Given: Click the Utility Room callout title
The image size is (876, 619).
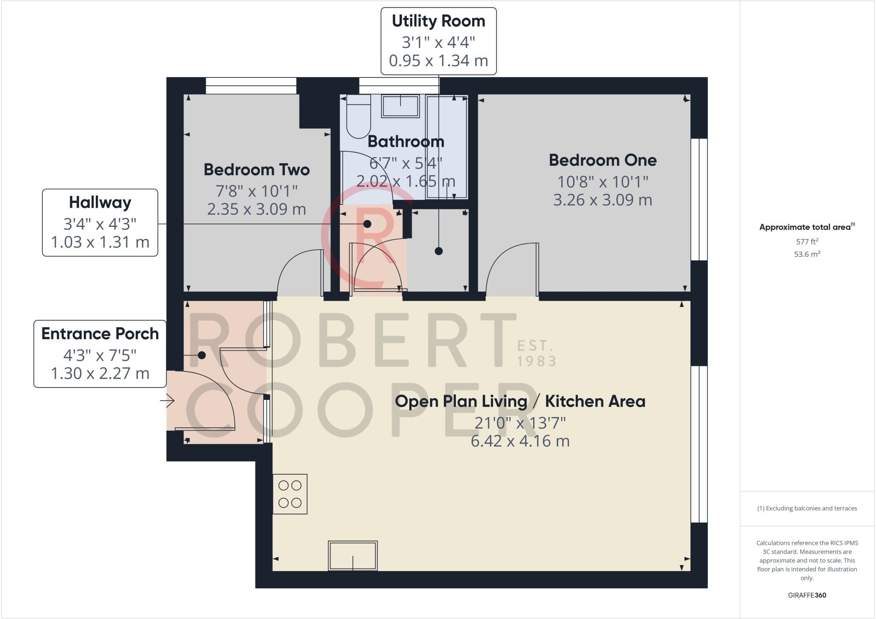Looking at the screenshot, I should pos(438,21).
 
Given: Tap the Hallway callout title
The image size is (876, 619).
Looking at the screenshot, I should pos(100,202).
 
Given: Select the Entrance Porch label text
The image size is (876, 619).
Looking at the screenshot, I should pos(100,334).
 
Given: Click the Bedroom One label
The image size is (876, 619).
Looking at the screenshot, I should pos(603,160).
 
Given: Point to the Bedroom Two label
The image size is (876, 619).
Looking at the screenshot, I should pos(257,170).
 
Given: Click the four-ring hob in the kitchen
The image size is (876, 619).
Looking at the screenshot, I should pos(290,494).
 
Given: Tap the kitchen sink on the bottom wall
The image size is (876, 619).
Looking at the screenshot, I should pos(353,556).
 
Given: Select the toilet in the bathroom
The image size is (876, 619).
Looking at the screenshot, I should pos(358,116).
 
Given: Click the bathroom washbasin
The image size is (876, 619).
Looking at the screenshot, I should pos(400,106).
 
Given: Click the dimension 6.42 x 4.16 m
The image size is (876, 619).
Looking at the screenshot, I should pos(520,441).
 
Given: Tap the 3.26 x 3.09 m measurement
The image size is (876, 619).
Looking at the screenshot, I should pos(603,200).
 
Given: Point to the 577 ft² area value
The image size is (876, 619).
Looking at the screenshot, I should pos(807,241).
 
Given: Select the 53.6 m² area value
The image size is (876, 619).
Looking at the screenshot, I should pos(807,254).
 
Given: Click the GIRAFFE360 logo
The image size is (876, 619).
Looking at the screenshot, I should pos(807,595).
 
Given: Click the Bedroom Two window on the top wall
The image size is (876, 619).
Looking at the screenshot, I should pos(251,86).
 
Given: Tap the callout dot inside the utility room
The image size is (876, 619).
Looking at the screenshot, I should pos(438,251).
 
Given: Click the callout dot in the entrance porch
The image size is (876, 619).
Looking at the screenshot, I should pos(201,355).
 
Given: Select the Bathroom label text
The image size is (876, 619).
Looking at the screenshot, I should pos(406,142).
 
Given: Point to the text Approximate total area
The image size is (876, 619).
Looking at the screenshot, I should pos(805,227).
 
